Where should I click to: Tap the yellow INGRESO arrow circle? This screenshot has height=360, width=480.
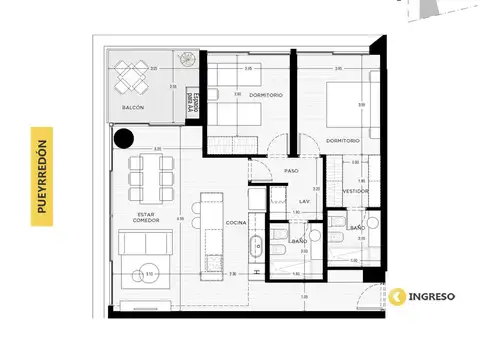399,296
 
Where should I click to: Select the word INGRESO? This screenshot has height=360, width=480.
433,296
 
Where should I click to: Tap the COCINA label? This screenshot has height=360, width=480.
236,221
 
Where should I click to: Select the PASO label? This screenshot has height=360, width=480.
292,171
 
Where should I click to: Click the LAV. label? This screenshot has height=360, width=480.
304,201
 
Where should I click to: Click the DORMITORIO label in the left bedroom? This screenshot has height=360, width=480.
264,95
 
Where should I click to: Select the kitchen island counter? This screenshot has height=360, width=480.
211,228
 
